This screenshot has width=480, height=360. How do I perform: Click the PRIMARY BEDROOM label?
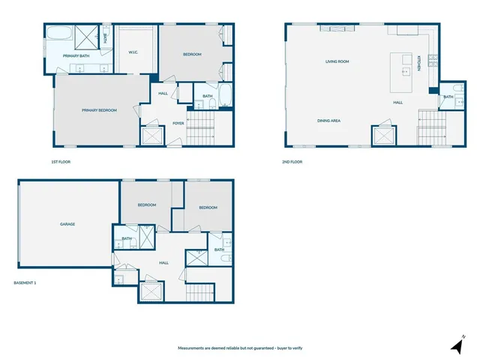[99, 110]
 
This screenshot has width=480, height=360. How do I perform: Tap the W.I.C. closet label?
[133, 52]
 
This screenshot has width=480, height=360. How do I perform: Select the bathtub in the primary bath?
[58, 34]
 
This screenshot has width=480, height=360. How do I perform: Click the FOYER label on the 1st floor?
[178, 123]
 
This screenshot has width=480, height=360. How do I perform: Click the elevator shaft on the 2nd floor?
[383, 135]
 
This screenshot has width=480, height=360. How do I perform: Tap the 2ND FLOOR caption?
[292, 161]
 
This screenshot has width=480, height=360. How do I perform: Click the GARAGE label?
[67, 224]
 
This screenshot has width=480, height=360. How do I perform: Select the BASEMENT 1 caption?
[25, 283]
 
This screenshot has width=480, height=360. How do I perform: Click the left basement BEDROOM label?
[146, 205]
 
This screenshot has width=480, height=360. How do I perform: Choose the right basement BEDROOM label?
[208, 208]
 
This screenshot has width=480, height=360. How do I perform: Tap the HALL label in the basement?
[163, 262]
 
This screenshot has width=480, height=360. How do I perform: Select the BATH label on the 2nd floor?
[448, 97]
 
